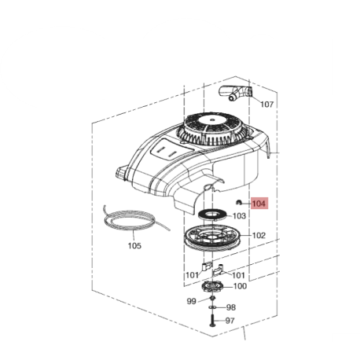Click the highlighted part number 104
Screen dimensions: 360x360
click(259, 204)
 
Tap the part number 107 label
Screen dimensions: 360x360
click(267, 105)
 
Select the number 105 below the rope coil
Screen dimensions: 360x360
click(134, 246)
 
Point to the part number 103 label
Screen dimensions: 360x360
click(240, 216)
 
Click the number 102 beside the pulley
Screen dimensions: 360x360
click(259, 235)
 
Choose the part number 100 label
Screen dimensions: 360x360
click(240, 286)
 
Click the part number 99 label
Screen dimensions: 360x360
click(192, 301)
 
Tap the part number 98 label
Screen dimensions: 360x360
click(231, 307)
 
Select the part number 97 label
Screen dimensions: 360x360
click(230, 321)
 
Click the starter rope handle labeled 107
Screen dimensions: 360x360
click(235, 93)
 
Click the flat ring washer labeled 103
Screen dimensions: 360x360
click(211, 215)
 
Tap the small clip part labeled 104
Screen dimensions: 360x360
click(239, 202)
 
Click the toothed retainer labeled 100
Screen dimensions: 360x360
click(212, 286)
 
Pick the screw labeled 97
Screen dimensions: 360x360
click(212, 320)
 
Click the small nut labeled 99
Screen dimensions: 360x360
click(212, 298)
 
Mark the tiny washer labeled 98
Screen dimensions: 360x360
click(212, 307)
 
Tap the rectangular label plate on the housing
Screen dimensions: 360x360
click(171, 149)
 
